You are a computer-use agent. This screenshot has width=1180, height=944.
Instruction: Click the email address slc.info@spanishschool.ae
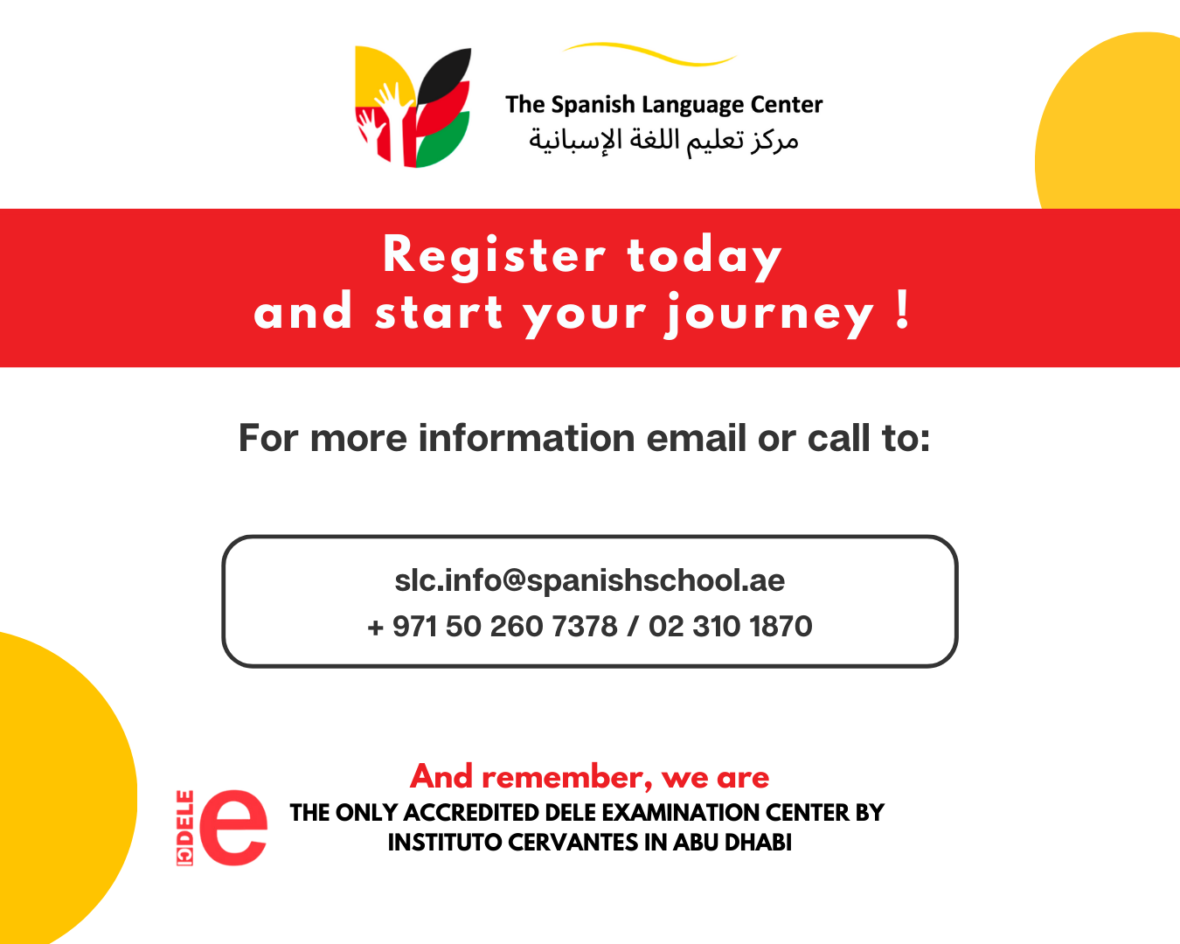[589, 580]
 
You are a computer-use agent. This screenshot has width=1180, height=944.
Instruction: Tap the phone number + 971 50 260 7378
[492, 626]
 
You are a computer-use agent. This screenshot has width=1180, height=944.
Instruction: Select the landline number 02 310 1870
[731, 626]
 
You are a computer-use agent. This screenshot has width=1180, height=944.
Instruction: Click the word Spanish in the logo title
[593, 104]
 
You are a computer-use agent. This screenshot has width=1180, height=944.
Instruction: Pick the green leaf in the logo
[442, 141]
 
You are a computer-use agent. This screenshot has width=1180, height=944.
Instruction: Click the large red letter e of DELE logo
[233, 828]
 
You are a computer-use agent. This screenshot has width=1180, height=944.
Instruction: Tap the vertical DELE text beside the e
[184, 828]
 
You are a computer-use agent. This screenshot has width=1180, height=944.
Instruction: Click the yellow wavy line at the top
[649, 53]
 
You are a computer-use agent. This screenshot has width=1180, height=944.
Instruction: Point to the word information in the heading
[527, 438]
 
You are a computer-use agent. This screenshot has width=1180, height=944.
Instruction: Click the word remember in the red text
[567, 777]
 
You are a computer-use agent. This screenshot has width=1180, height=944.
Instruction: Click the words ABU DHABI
[732, 842]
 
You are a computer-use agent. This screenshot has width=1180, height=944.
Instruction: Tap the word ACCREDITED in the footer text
[471, 812]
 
